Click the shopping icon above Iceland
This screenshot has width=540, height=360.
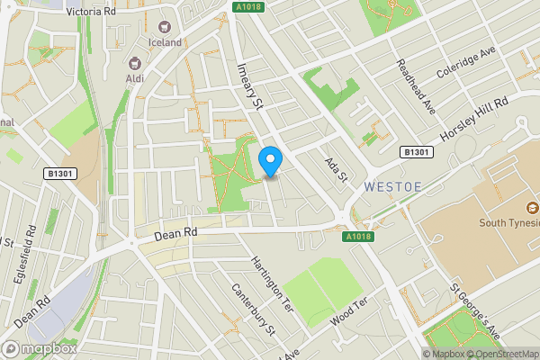click(x=165, y=28)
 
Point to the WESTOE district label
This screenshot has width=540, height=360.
click(x=392, y=186)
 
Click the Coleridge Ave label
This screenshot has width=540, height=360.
click(x=467, y=63)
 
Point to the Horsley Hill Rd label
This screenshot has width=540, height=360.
click(x=474, y=119)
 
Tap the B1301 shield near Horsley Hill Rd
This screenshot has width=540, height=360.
click(x=418, y=153)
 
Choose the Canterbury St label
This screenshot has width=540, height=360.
click(x=253, y=310)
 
